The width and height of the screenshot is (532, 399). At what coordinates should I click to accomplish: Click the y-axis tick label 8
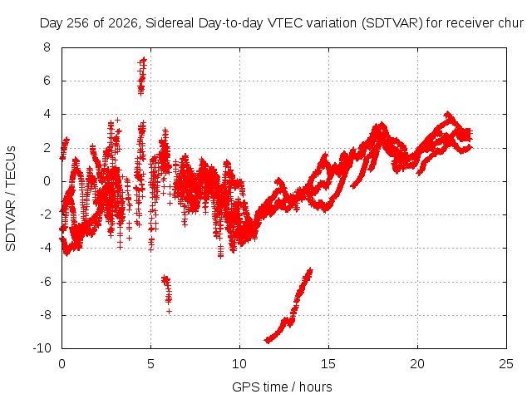pos(47,47)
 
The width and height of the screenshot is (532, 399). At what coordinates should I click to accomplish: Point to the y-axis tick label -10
pos(42,348)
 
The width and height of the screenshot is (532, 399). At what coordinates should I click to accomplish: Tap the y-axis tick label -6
pos(44,282)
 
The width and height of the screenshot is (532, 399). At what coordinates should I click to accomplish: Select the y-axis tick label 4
pos(47,114)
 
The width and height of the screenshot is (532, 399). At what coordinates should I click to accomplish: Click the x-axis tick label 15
pos(328,364)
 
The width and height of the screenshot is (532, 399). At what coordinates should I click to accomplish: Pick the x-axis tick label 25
pos(506,364)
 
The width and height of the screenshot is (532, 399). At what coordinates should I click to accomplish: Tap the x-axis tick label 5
pos(150,364)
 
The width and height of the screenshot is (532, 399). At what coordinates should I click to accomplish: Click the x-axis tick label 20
pos(417,364)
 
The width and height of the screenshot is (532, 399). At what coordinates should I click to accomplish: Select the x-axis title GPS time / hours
pos(282,387)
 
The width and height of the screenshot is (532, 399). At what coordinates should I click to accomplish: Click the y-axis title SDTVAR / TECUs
pos(11,199)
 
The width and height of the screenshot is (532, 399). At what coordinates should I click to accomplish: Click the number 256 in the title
pos(78,23)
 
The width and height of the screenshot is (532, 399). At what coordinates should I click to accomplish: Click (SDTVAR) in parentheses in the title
pos(392,23)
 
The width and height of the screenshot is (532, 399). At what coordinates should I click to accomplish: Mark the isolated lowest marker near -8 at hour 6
pos(169,311)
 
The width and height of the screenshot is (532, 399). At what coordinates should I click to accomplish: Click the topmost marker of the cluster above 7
pos(144,60)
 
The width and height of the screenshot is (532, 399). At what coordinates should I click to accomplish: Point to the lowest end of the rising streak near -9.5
pos(268,340)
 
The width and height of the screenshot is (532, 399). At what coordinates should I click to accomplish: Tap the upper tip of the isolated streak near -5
pos(310,270)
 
